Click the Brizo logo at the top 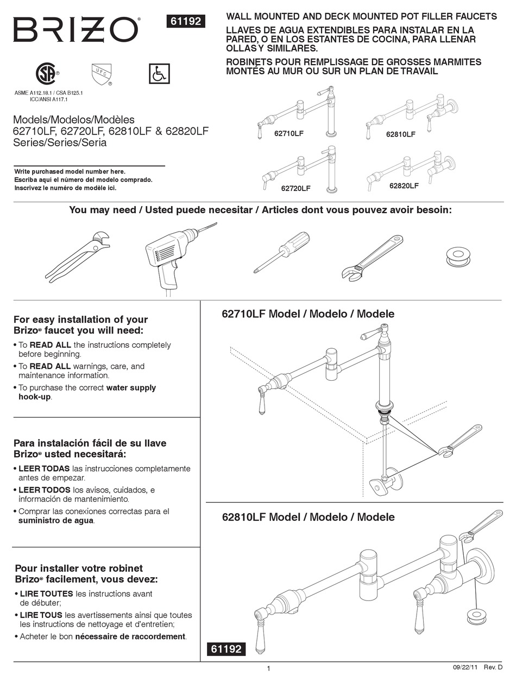pos(76,30)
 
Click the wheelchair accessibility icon pos(159,74)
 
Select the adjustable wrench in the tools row pos(373,257)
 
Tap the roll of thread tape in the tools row pos(458,256)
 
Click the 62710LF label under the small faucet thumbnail pos(288,133)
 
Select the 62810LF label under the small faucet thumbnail pos(400,134)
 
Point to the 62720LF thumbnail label pos(295,188)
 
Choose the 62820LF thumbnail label pos(404,186)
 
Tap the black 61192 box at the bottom pos(225,649)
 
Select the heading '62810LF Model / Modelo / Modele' pos(308,517)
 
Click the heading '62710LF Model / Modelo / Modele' pos(308,314)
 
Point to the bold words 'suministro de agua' pos(56,521)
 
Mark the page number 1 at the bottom pos(268,669)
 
